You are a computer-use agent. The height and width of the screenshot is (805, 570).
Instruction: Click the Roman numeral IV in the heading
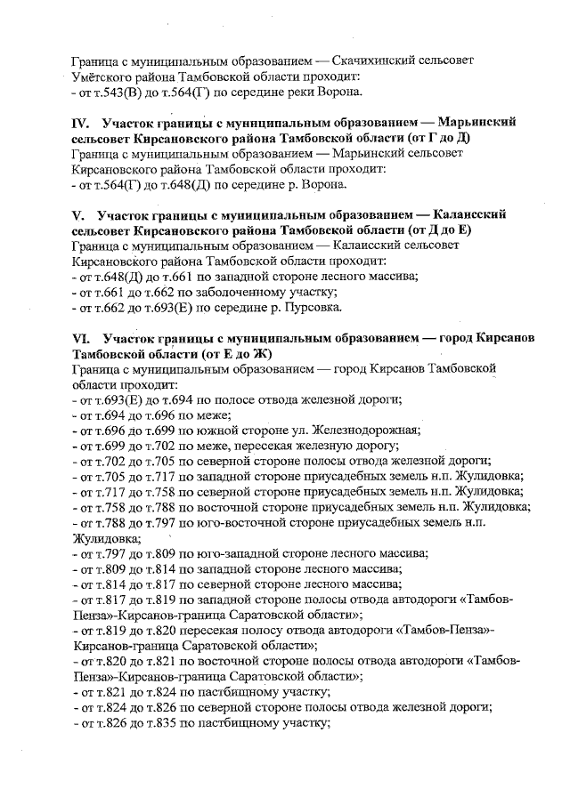(80, 120)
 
